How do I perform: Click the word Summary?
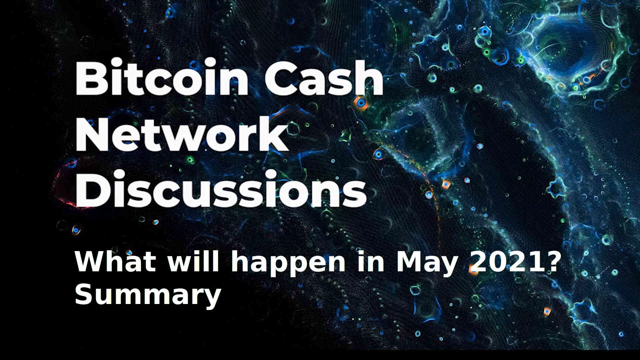point(148,296)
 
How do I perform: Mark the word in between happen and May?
point(370,262)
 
